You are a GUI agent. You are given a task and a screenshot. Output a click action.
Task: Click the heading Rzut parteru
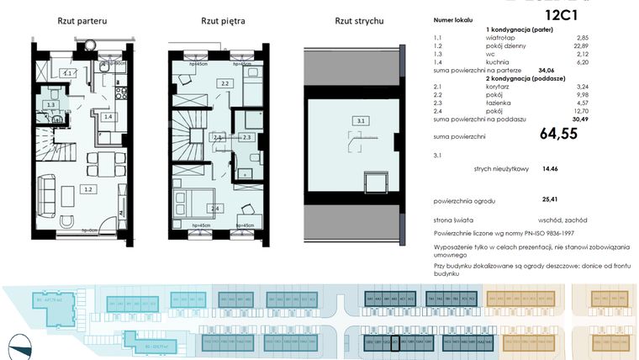82,20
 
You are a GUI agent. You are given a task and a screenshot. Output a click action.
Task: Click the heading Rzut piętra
223,20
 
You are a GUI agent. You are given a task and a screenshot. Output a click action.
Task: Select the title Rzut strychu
360,20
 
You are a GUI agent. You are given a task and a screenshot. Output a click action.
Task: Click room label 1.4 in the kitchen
108,116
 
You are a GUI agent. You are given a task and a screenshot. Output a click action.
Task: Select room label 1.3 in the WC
51,106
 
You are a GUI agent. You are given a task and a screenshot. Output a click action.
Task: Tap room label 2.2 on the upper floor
224,84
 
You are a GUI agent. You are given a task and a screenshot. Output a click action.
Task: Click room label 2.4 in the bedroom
216,208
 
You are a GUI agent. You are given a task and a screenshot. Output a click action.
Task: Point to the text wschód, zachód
560,218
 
